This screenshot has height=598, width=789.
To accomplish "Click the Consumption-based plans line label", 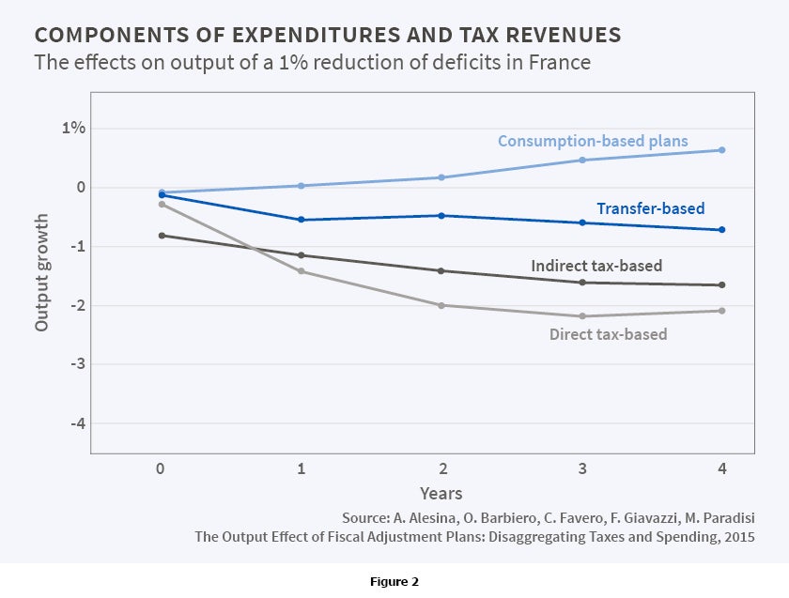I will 593,142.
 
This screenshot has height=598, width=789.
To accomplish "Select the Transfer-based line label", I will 650,208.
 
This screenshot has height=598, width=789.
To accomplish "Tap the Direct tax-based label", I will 608,334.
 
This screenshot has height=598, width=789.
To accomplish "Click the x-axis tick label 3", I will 582,468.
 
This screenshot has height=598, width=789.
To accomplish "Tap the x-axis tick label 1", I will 302,468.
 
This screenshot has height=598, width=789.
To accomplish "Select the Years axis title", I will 441,493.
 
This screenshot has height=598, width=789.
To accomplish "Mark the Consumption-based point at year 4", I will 722,150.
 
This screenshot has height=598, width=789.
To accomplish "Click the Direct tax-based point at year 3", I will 582,316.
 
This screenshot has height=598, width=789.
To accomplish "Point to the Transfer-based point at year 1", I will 302,220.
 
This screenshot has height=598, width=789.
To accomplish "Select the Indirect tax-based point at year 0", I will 162,236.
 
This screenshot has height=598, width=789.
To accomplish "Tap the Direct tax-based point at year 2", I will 441,305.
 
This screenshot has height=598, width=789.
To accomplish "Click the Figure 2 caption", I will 394,582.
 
